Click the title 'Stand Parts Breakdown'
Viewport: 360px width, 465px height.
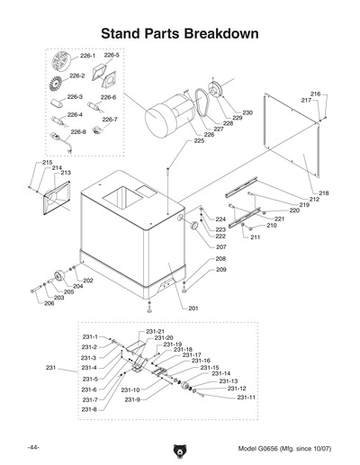180,33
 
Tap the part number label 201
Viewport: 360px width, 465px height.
192,309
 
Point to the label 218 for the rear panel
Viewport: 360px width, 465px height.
323,193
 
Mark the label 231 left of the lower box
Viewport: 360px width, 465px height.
50,368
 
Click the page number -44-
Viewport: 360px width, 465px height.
33,447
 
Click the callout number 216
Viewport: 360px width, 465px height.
315,94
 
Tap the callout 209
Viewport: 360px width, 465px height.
220,270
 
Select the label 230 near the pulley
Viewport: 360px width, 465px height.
247,112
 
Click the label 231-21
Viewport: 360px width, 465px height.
155,332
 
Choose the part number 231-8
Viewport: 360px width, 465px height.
89,409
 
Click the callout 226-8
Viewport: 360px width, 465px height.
78,131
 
